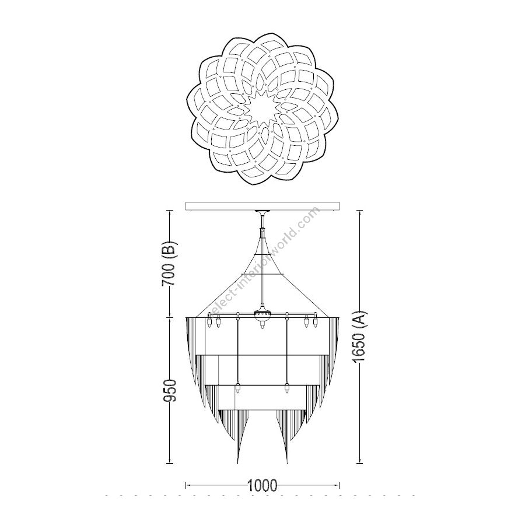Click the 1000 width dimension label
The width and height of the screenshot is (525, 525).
click(x=262, y=485)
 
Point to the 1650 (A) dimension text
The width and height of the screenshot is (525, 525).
click(x=360, y=337)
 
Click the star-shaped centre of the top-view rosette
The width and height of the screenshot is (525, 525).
click(x=262, y=110)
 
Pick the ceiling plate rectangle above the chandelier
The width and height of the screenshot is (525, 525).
click(x=262, y=206)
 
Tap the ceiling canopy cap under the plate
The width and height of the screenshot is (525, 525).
click(x=262, y=213)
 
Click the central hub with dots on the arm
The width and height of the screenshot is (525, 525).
click(x=262, y=314)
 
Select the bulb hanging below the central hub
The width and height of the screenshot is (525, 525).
click(x=262, y=324)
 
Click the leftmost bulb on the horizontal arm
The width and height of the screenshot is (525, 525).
click(x=210, y=322)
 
